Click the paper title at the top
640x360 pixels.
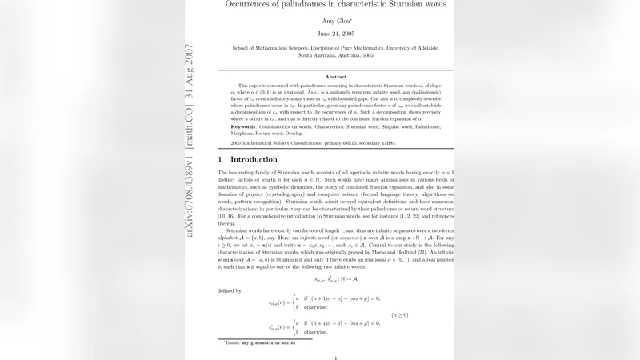[336, 5]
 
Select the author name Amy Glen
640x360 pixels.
[335, 20]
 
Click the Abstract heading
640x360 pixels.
[335, 76]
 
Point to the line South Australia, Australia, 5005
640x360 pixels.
[335, 57]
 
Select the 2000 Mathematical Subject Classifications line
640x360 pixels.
[313, 142]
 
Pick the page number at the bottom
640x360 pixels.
[335, 358]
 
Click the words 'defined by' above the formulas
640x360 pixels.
[230, 291]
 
